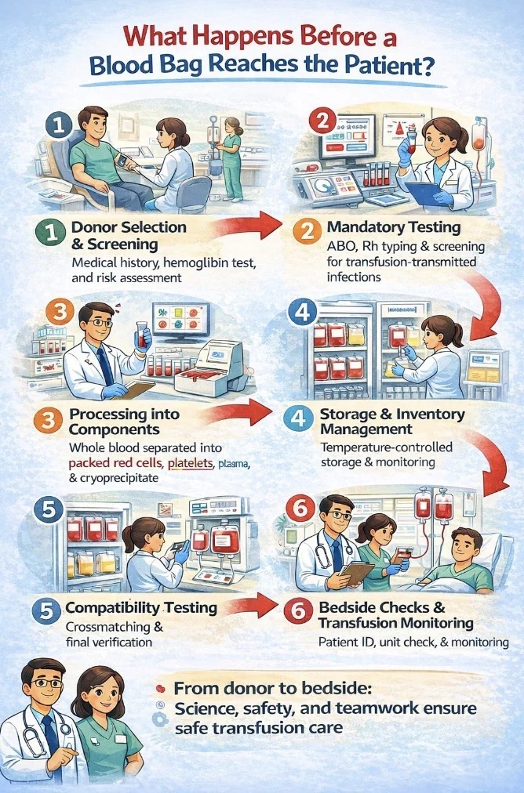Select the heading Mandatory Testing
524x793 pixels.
pyautogui.click(x=394, y=227)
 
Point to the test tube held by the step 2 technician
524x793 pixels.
pyautogui.click(x=411, y=137)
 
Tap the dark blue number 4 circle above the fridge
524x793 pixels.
pyautogui.click(x=302, y=313)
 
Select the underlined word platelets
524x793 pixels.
pyautogui.click(x=190, y=463)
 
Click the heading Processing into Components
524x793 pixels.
pyautogui.click(x=125, y=422)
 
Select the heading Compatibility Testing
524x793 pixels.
pyautogui.click(x=141, y=607)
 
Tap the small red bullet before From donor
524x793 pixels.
pyautogui.click(x=161, y=689)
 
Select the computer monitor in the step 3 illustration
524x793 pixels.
pyautogui.click(x=180, y=322)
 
